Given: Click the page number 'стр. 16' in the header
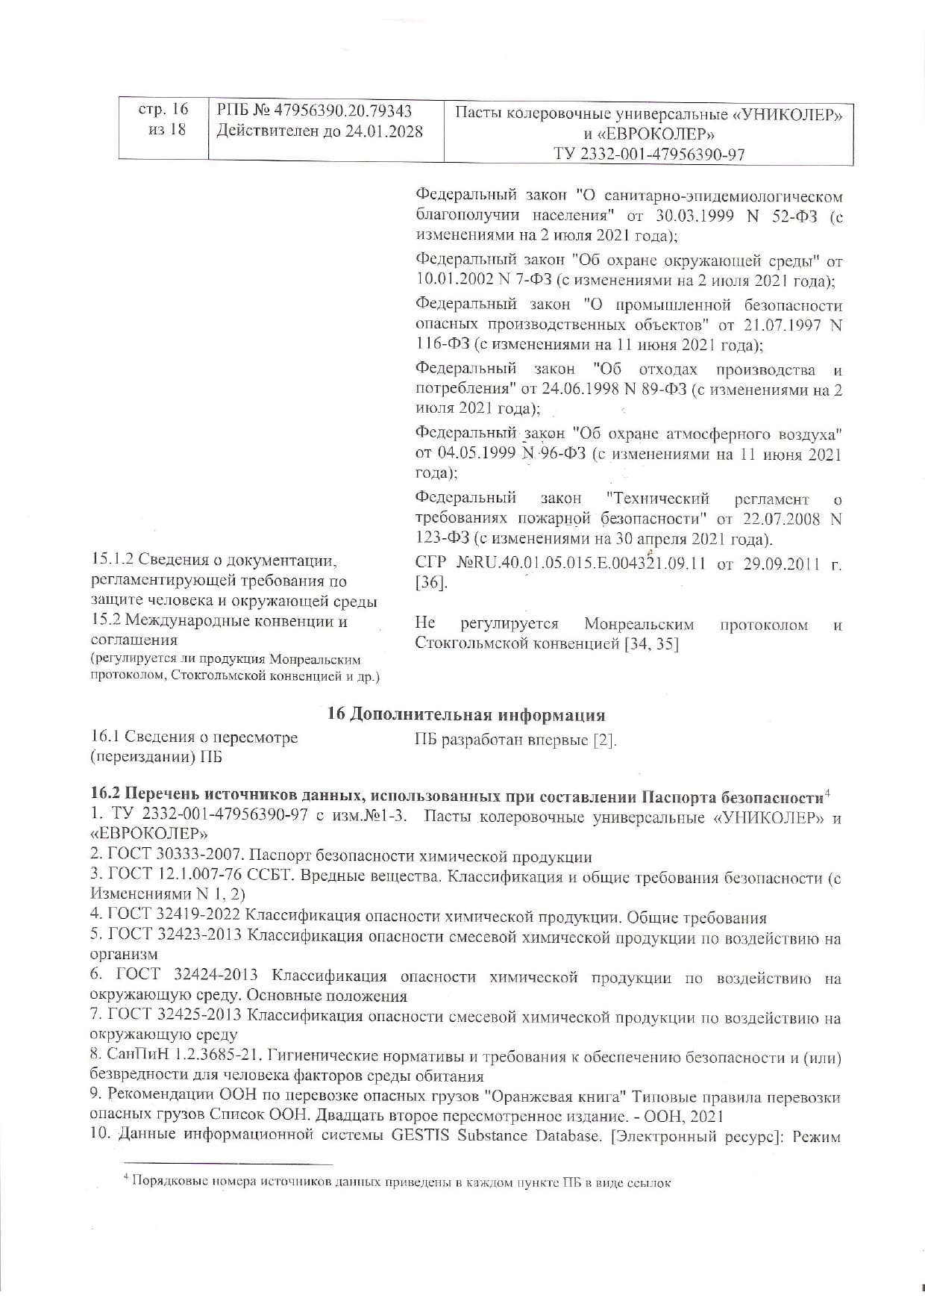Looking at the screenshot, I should point(163,110).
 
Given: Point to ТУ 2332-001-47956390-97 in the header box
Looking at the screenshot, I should point(649,155).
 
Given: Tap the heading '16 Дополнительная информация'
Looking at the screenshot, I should point(466,714).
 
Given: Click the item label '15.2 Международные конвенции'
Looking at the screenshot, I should point(219,621).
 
